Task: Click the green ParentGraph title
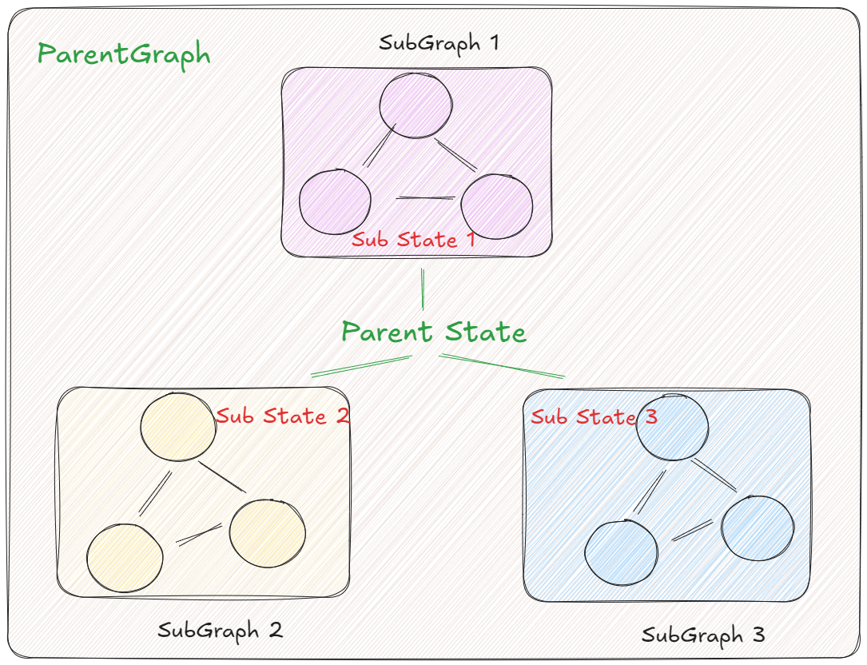point(124,55)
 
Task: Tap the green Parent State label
point(434,332)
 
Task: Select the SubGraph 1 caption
point(439,42)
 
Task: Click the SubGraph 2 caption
point(220,630)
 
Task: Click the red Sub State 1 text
point(414,239)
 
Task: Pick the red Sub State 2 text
point(282,416)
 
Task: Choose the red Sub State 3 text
point(594,416)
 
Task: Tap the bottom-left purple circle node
point(335,201)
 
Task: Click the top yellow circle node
point(178,426)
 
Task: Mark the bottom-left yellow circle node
point(125,558)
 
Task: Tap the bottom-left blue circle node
point(622,553)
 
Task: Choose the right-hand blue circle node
point(758,528)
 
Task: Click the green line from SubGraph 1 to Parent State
point(422,289)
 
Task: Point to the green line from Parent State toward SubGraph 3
point(502,365)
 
